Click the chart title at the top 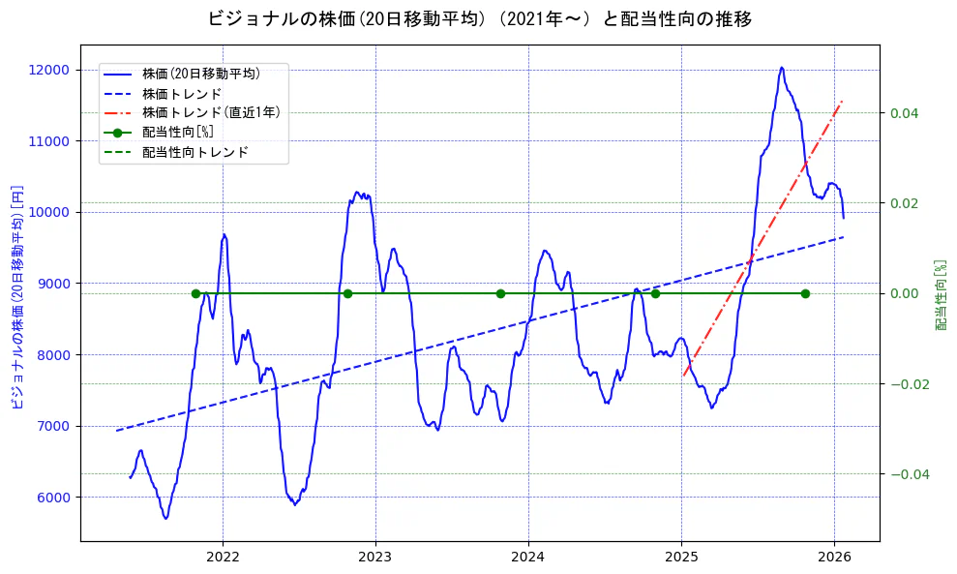coord(479,18)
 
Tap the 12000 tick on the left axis coord(49,70)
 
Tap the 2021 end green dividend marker coord(195,293)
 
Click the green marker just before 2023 coord(347,293)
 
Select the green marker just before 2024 coord(500,293)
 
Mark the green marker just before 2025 coord(655,293)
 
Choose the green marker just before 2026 coord(805,293)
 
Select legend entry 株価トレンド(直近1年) coord(211,112)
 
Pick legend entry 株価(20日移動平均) coord(200,73)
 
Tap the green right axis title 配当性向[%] coord(940,295)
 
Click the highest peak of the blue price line coord(781,68)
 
